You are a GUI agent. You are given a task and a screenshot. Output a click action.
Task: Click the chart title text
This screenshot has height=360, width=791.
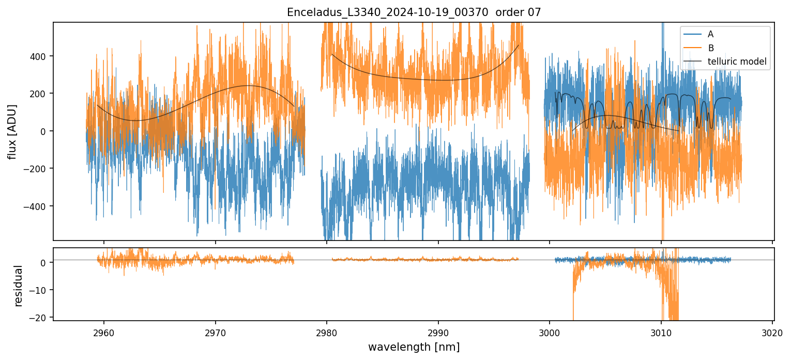tap(414, 12)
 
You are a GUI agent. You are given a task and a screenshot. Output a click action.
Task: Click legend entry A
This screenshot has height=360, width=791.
tap(710, 34)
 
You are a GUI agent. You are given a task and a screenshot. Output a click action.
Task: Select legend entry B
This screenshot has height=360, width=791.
tap(710, 48)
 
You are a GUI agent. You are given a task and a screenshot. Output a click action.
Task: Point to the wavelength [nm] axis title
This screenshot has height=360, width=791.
tap(414, 347)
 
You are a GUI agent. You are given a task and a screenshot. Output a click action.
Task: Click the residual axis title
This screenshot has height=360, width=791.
tap(19, 285)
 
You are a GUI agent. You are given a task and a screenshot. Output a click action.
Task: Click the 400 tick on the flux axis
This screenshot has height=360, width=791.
tap(40, 56)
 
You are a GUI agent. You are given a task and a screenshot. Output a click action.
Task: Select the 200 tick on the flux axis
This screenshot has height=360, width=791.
tap(40, 94)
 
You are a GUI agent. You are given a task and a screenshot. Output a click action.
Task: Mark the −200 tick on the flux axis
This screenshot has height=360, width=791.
tap(37, 169)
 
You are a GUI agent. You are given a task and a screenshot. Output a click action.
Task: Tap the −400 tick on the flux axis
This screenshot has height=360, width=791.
tap(37, 206)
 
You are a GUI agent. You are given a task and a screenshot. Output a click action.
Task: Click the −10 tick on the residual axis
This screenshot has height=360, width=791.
tap(40, 290)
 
